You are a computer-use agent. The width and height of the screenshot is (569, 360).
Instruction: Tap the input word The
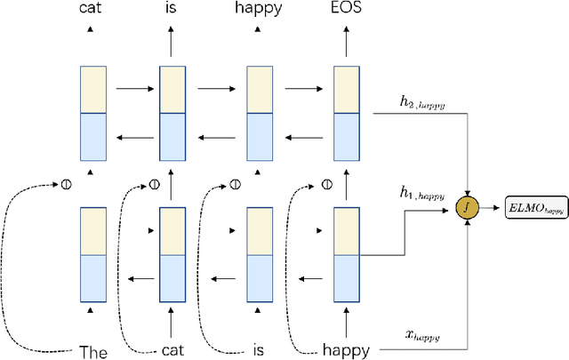pos(93,351)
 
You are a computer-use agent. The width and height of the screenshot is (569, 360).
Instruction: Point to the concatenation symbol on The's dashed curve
pos(65,186)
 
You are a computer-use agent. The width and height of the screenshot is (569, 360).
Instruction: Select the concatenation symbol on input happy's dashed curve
pos(326,186)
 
